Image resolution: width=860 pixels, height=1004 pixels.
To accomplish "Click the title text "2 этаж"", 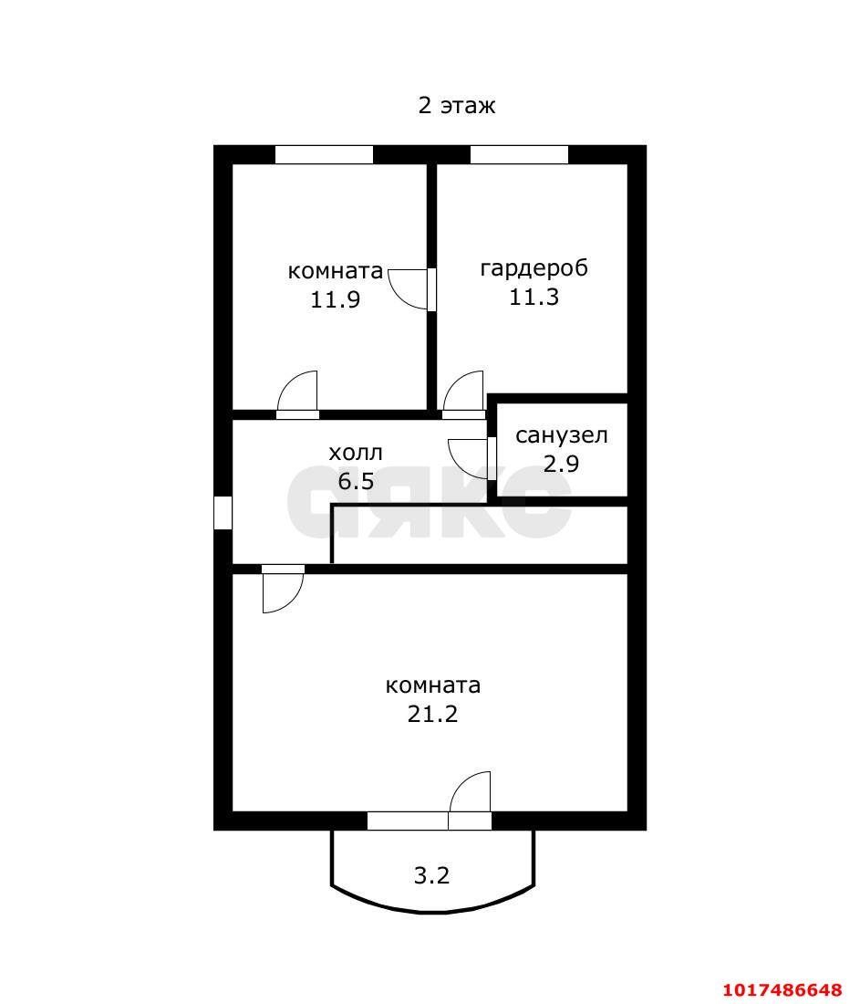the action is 456,105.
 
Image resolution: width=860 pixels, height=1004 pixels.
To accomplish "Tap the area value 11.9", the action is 336,299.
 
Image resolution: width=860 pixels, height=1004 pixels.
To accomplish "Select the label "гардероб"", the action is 534,267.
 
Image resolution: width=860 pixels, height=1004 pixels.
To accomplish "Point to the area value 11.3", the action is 534,297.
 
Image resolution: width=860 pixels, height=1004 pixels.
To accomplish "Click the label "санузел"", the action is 561,435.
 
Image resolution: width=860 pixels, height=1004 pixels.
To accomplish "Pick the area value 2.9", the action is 561,463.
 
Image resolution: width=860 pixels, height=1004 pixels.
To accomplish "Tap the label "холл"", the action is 355,453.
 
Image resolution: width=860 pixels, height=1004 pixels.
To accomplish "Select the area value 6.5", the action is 355,480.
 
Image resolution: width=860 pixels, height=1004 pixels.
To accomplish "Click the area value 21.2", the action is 432,714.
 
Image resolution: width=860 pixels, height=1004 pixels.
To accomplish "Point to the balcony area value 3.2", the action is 432,874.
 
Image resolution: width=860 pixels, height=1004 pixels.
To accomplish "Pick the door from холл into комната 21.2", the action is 283,589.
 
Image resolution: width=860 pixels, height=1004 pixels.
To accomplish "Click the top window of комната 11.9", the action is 324,154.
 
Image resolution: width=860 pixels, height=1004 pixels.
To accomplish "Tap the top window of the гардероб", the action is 519,154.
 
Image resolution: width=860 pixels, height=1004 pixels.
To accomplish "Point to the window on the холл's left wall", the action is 223,512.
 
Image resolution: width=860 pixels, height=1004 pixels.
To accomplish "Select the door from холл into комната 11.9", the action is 297,395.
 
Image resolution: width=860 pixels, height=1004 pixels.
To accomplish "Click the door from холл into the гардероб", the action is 464,395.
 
